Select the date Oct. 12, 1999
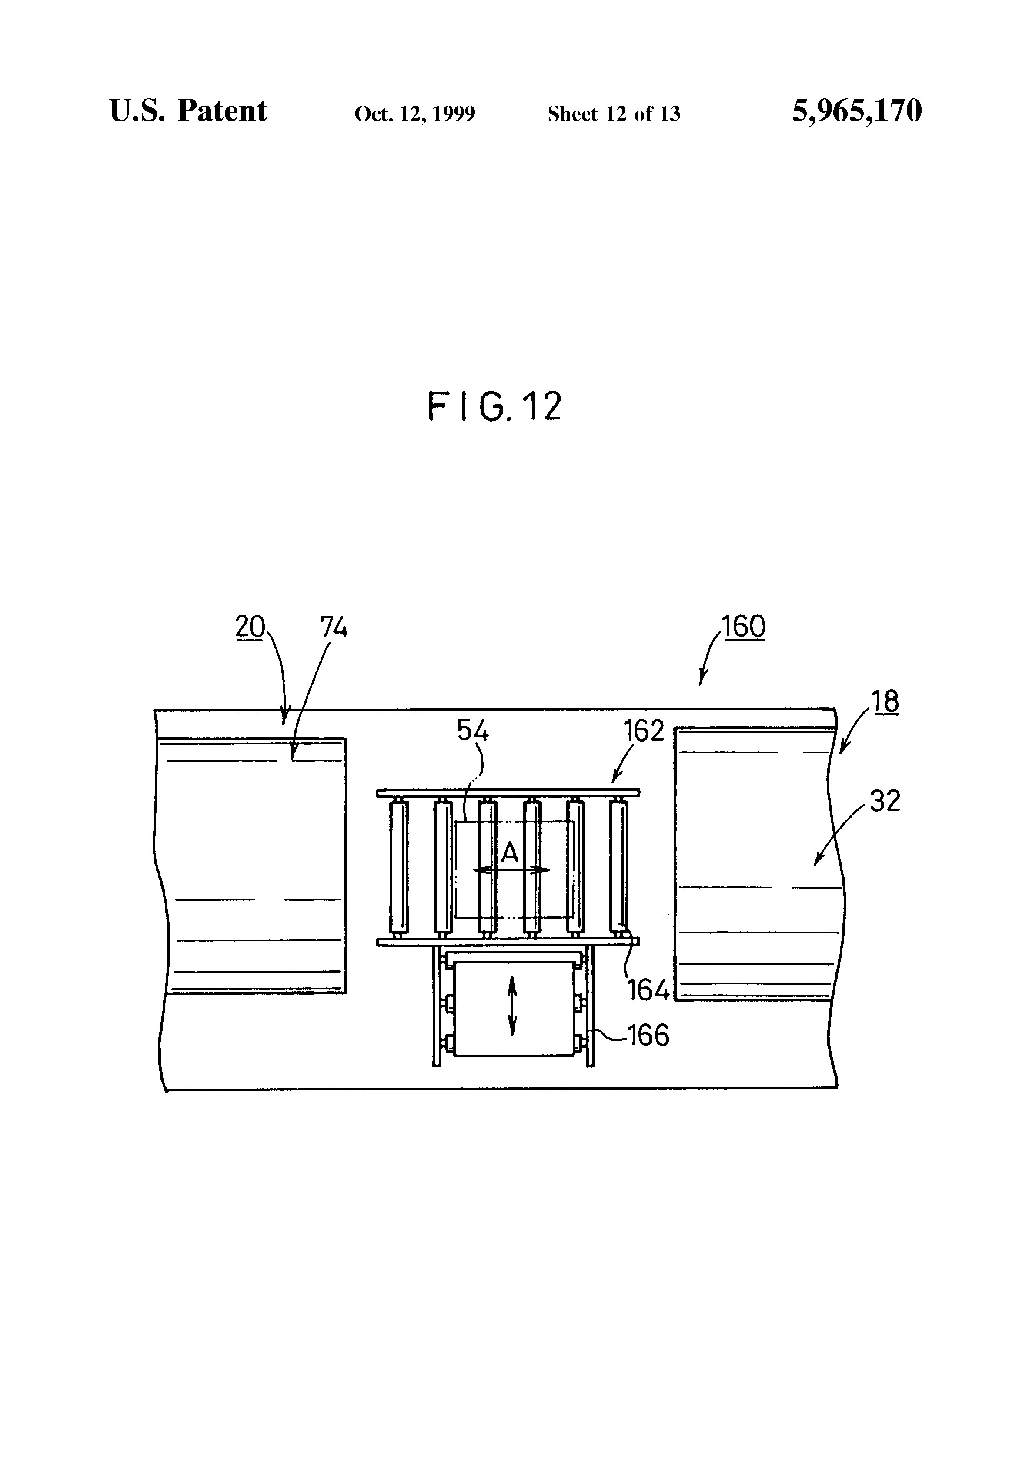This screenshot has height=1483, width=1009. [414, 114]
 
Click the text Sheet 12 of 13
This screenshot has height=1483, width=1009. [614, 114]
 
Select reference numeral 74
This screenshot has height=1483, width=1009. [334, 628]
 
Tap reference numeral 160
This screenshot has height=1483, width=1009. [744, 627]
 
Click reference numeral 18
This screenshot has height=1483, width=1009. [885, 701]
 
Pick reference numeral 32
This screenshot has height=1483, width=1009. [885, 800]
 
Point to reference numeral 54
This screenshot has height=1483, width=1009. [473, 731]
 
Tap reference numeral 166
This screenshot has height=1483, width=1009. [648, 1035]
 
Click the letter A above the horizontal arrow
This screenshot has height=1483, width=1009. [510, 852]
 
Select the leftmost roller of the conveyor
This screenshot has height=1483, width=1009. [399, 866]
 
